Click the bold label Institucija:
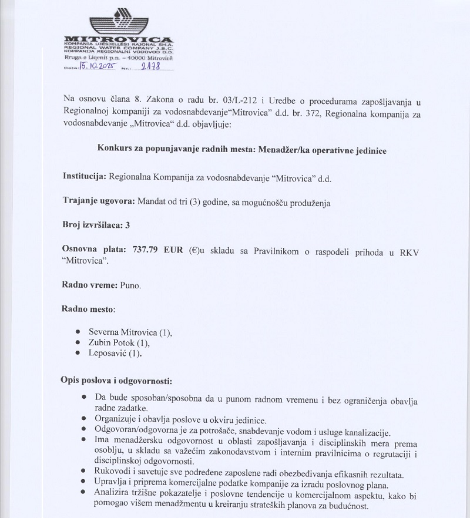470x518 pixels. pos(84,176)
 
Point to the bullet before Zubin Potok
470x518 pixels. pos(78,342)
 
